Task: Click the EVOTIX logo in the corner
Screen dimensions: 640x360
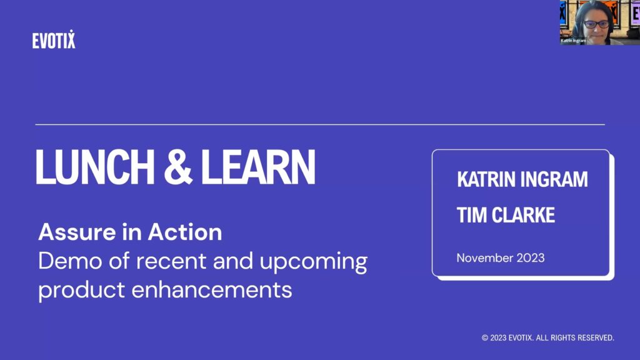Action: [x=54, y=39]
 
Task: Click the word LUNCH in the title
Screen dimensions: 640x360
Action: [x=95, y=167]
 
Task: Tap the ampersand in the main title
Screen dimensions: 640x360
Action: [x=178, y=167]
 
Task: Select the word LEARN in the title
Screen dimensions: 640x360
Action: [x=258, y=167]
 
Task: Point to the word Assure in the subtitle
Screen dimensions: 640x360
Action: [x=77, y=232]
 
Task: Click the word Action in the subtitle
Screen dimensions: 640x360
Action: [x=185, y=232]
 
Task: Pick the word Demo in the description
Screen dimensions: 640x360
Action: [x=70, y=261]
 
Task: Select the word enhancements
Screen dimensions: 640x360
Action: [x=212, y=290]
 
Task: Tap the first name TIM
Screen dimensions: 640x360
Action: [x=471, y=215]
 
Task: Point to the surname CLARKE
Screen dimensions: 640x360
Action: [x=523, y=215]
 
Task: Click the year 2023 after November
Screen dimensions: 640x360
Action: [x=531, y=258]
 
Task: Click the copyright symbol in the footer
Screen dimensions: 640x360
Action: [x=485, y=338]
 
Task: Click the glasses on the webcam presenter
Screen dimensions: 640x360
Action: [x=596, y=24]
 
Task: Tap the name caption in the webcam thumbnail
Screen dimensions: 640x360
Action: [x=573, y=41]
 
